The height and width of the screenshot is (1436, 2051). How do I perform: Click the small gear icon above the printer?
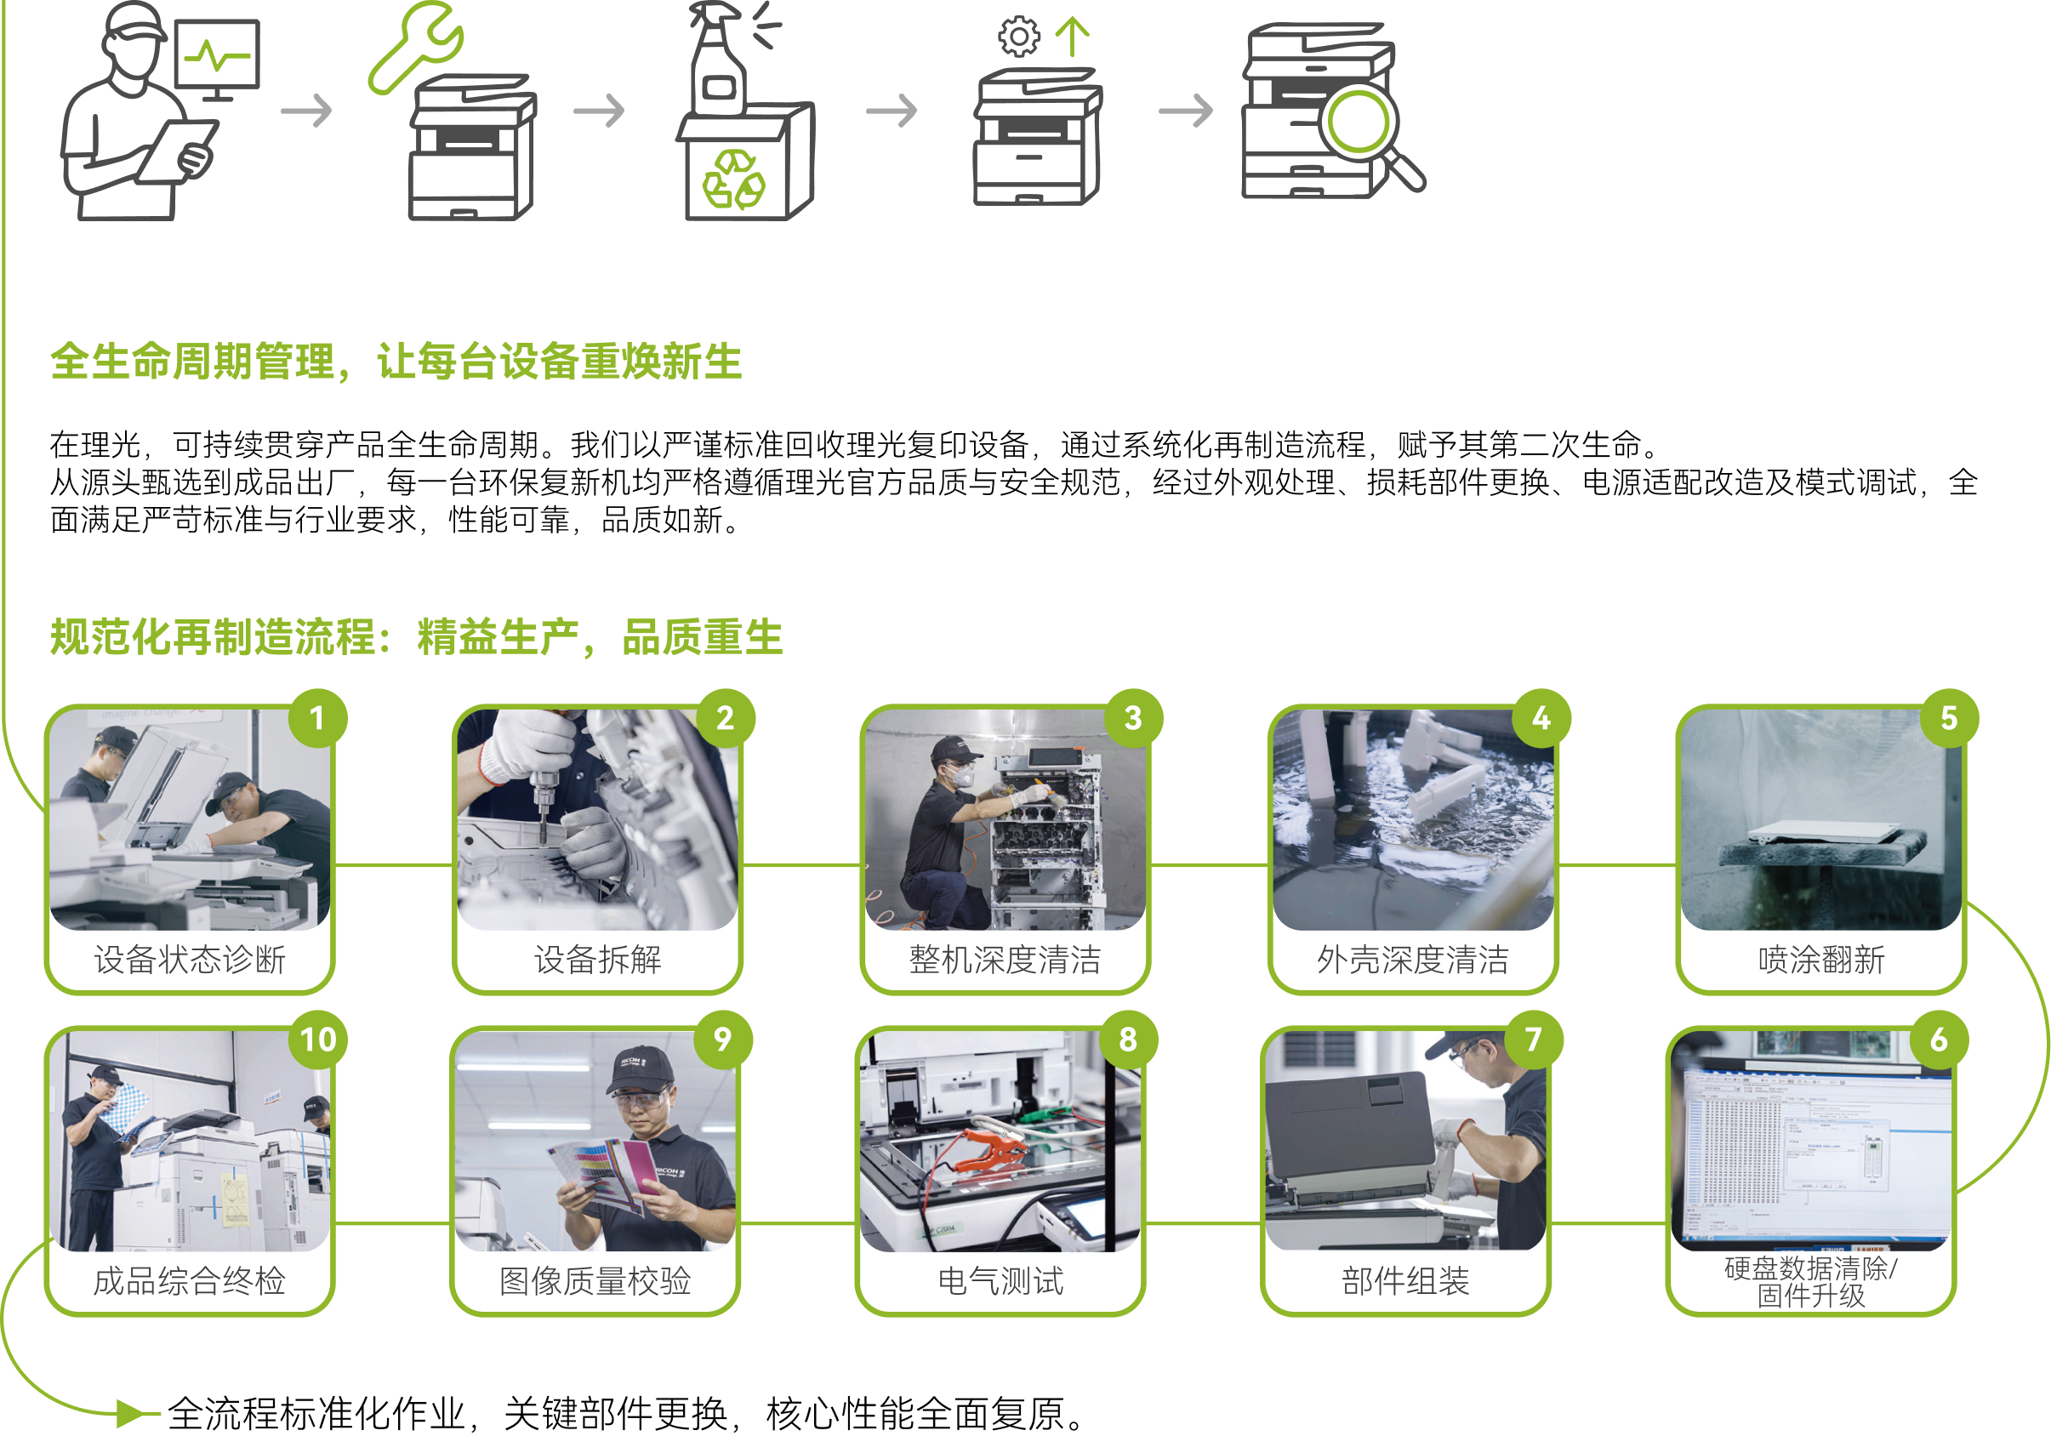coord(1018,37)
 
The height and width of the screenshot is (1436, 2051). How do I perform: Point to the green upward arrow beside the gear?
coord(1072,37)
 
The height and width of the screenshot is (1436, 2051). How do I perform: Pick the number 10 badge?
coord(317,1040)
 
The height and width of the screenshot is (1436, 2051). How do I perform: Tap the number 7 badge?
coord(1534,1040)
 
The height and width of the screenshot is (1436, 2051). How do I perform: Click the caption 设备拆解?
coord(598,960)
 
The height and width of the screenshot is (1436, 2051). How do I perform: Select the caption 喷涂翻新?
coord(1821,960)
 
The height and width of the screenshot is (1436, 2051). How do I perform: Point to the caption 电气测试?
coord(1000,1281)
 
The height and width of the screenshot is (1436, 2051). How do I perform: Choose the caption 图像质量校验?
coord(595,1281)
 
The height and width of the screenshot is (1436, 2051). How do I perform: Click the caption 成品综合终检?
coord(190,1281)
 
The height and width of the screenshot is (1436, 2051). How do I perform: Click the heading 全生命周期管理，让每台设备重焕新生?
coord(396,362)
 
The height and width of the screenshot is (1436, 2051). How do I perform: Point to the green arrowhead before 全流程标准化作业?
coord(131,1413)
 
